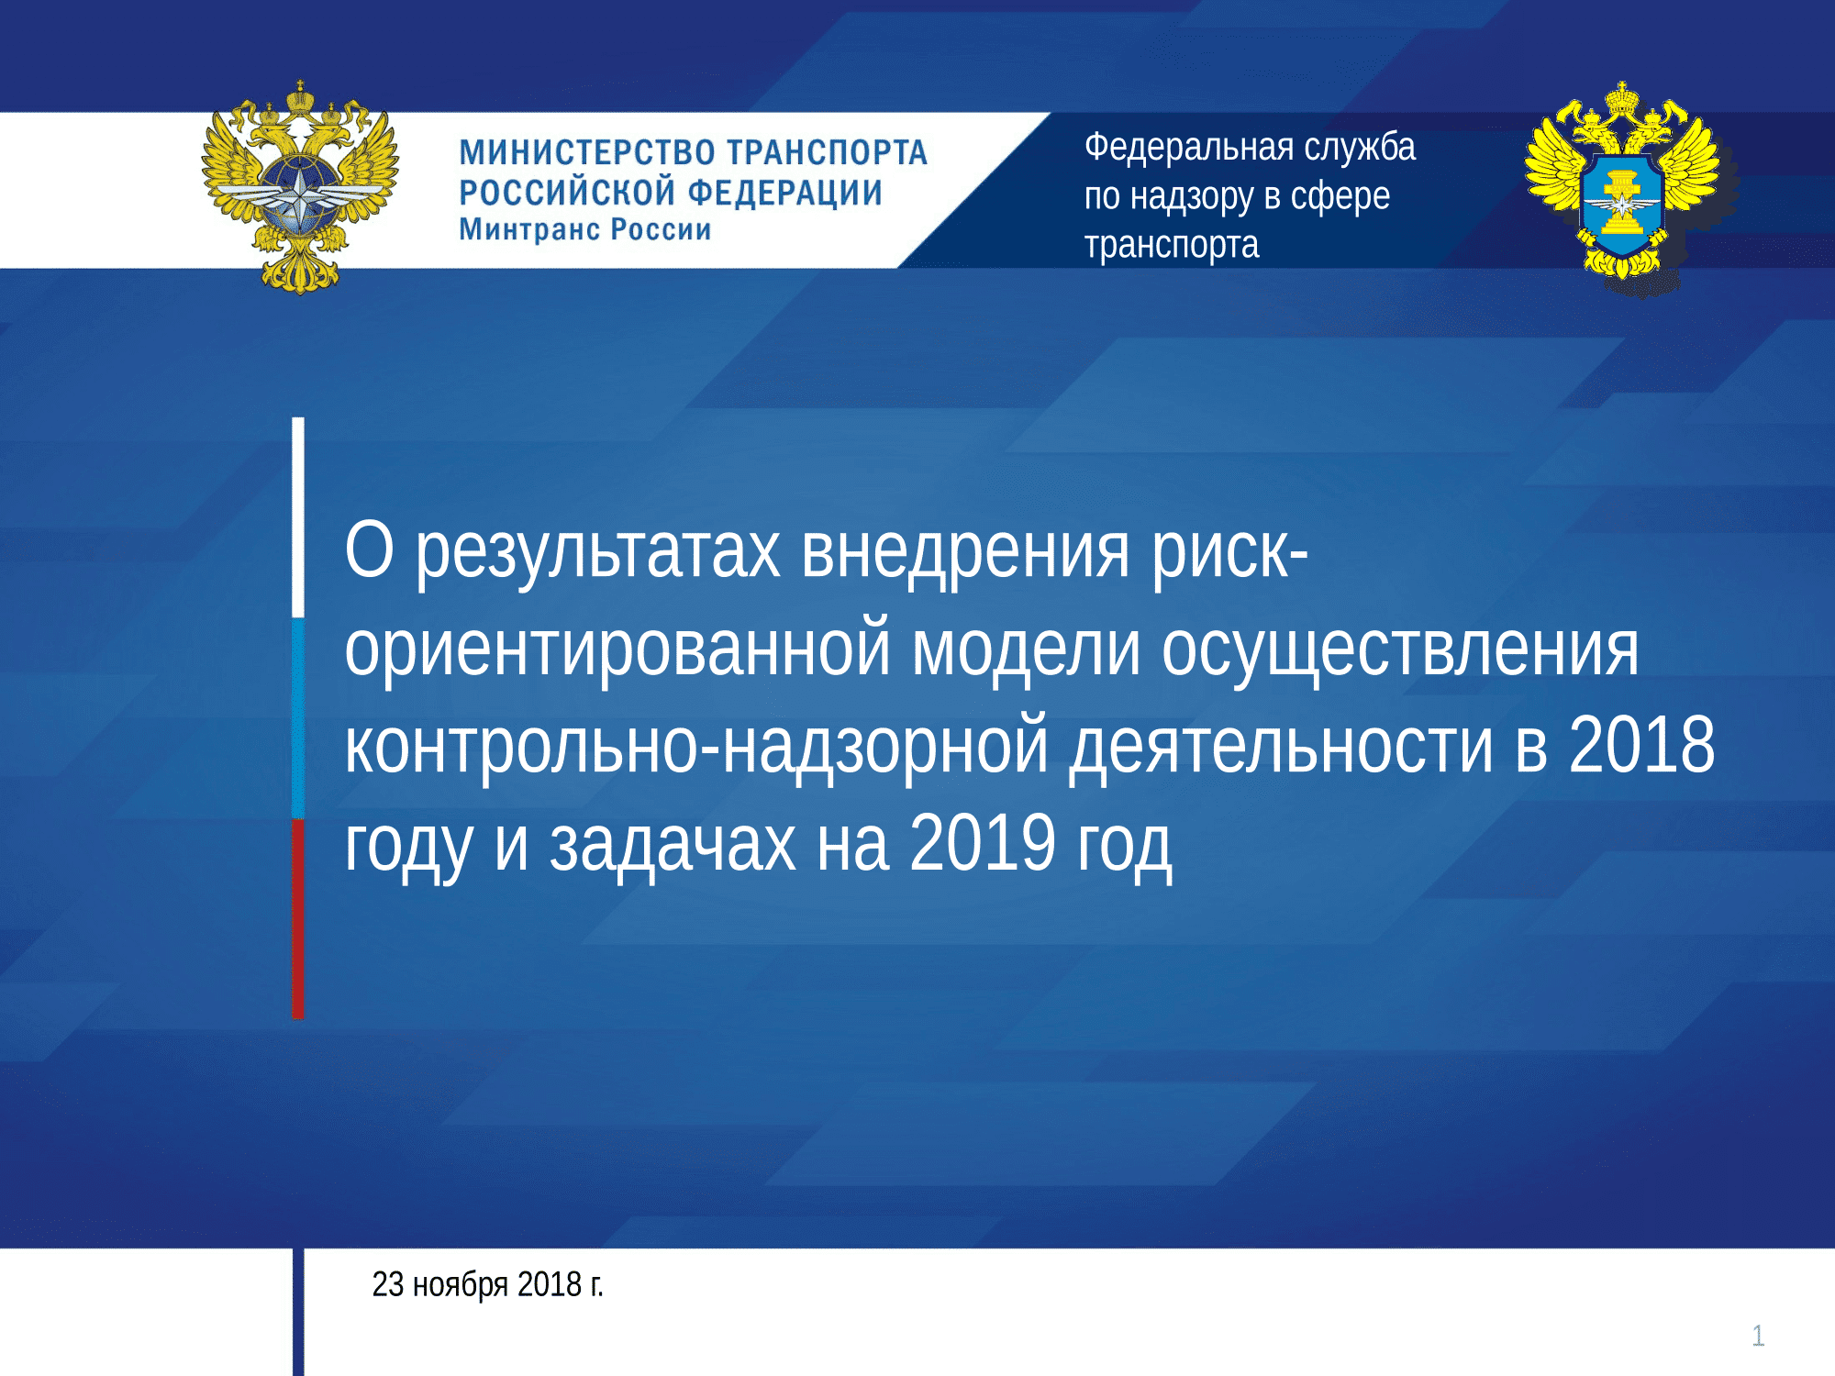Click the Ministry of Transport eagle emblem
[x=300, y=188]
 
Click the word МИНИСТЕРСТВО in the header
[x=587, y=152]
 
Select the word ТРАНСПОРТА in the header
[x=828, y=152]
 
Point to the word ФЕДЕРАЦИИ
[x=785, y=193]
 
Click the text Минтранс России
[x=585, y=229]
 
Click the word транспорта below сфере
[x=1172, y=246]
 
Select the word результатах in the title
[x=598, y=552]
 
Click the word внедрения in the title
[x=965, y=552]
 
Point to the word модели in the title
[x=1027, y=649]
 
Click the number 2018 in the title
[x=1641, y=745]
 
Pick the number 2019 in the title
[x=983, y=843]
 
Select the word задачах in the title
[x=673, y=844]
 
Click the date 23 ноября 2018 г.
[x=487, y=1284]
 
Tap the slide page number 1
[x=1758, y=1336]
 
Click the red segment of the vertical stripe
[x=298, y=918]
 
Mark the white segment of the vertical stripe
[x=298, y=517]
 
